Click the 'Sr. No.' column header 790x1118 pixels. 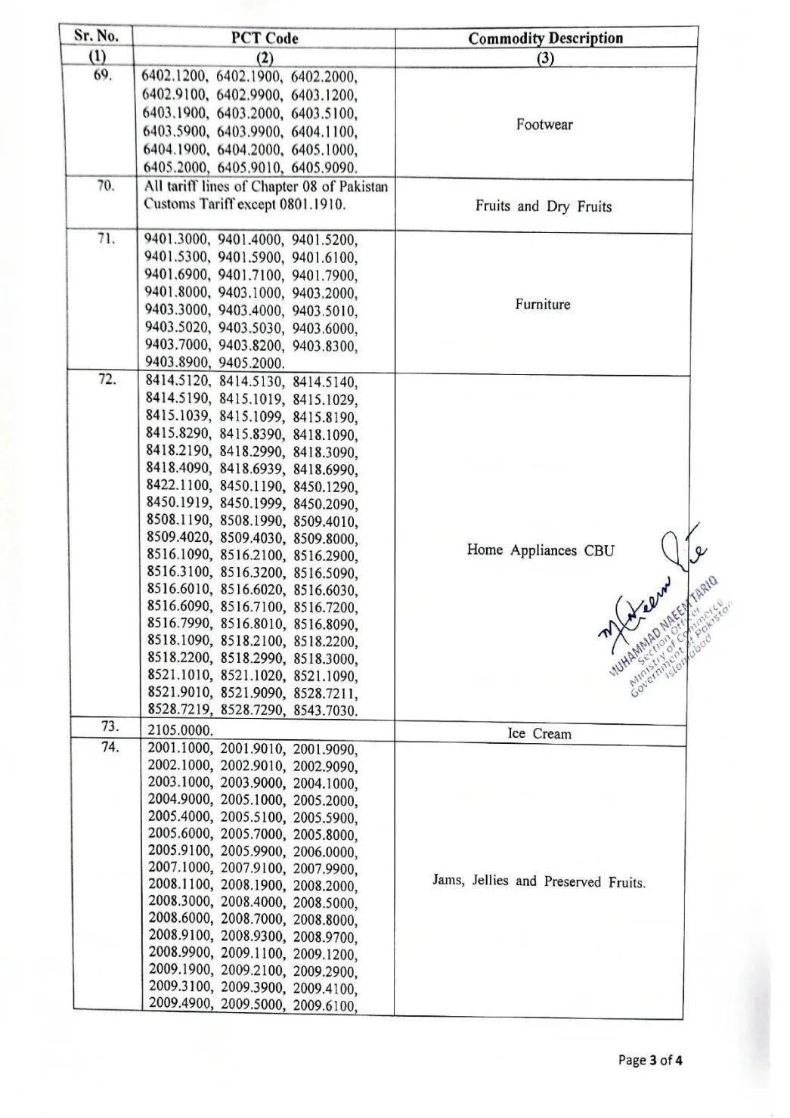95,36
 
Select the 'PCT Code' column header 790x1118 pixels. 265,38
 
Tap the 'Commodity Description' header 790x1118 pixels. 545,39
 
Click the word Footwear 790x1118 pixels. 544,125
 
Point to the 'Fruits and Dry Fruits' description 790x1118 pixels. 543,206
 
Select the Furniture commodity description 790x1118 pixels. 543,305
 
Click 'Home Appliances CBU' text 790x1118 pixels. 541,550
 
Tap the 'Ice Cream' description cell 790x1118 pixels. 539,734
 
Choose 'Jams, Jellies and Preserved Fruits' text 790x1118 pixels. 539,881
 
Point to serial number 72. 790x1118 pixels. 107,379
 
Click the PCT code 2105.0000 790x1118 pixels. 180,731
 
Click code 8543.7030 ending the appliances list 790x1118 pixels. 326,711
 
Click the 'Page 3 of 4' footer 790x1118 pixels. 650,1060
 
